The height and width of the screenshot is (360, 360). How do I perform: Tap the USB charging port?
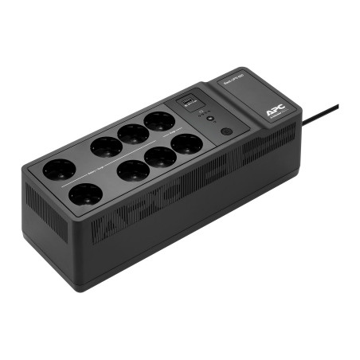point(189,100)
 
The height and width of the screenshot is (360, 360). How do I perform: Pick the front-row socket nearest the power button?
point(186,144)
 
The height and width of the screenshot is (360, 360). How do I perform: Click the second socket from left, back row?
point(106,146)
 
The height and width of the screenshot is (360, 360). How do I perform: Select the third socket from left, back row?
point(132,133)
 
